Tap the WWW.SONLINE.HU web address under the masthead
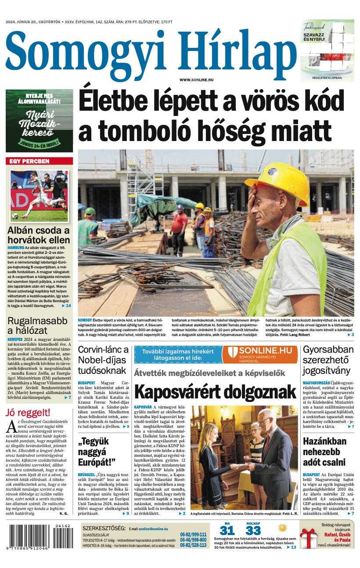pos(196,80)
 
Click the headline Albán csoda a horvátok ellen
pos(39,235)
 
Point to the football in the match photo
pos(15,216)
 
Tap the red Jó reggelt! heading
pos(28,412)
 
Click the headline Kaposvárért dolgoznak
pos(215,391)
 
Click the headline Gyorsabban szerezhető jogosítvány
pos(328,360)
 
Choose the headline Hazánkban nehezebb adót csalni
pos(324,452)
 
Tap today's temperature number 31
pos(227,530)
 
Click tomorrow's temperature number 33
pos(253,530)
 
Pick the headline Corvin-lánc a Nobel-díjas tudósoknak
pos(103,360)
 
